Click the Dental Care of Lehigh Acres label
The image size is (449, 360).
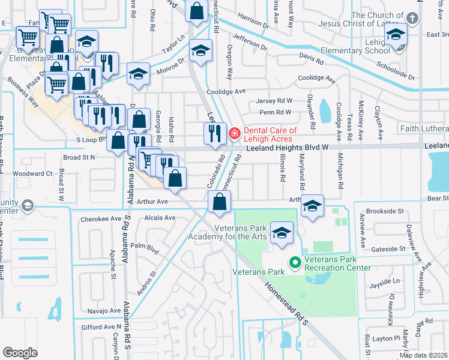point(270,134)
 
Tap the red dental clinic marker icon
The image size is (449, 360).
point(235,133)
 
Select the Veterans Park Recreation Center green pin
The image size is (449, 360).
point(295,263)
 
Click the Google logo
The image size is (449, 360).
point(20,353)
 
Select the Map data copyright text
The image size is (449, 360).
point(423,355)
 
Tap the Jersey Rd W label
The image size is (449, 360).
point(274,101)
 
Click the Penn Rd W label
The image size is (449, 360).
point(275,112)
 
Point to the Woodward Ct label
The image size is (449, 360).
point(32,173)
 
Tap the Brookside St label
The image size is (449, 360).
point(388,212)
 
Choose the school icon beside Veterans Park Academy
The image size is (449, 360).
point(281,233)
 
